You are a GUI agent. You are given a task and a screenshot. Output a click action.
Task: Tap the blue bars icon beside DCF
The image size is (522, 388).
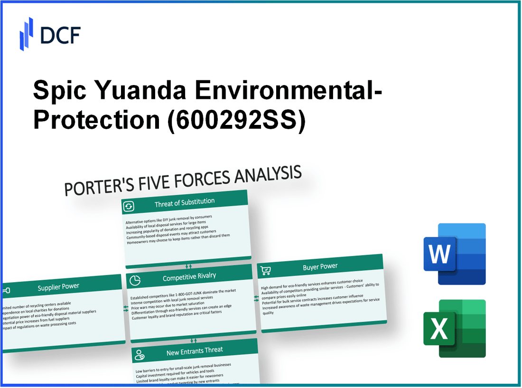click(x=26, y=34)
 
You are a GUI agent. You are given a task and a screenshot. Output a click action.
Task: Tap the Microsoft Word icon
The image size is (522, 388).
click(x=454, y=254)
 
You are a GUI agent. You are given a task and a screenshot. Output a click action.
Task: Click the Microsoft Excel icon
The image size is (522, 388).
click(x=454, y=329)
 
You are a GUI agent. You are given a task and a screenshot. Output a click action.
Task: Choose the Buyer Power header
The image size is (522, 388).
click(x=320, y=267)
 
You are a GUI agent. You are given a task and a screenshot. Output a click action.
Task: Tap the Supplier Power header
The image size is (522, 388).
click(x=58, y=286)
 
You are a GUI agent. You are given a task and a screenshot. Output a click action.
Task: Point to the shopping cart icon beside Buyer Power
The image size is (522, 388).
click(x=266, y=270)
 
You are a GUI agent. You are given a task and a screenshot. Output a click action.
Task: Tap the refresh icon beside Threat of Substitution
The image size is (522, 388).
click(x=129, y=207)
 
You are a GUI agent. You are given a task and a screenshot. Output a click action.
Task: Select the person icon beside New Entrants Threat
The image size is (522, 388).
click(x=140, y=354)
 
